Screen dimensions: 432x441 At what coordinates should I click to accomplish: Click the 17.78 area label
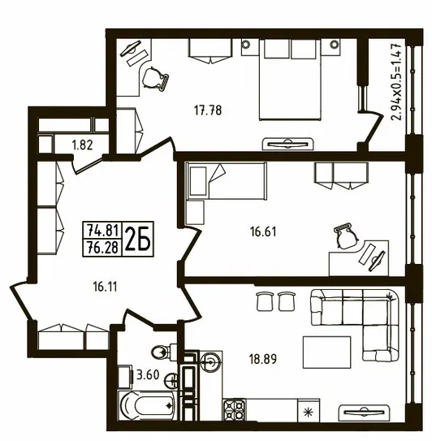coord(208,110)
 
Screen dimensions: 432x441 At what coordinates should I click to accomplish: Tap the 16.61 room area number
coord(263,231)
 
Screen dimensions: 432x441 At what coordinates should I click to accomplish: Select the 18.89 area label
coord(263,359)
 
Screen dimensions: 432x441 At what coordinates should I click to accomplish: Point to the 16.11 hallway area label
coord(105,287)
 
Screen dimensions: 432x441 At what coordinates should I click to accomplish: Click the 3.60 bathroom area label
coord(148,374)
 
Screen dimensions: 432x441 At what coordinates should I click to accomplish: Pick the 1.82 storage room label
coord(82,145)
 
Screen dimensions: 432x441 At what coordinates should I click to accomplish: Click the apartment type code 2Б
coord(138,239)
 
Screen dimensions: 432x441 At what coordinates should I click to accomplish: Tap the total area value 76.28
coord(102,248)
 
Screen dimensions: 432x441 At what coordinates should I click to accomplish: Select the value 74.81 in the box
coord(102,231)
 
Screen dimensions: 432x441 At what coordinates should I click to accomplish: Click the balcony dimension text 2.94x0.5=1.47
coord(395,82)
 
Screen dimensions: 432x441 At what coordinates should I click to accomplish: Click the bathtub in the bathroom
coord(146,405)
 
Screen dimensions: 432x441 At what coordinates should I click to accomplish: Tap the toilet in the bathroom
coord(164,351)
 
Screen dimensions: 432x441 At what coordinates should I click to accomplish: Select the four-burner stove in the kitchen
coord(235,410)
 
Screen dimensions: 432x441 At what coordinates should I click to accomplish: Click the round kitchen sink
coord(210,361)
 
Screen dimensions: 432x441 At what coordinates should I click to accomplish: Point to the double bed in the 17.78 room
coord(290,80)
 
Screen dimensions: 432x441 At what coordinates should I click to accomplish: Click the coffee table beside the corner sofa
coord(326,352)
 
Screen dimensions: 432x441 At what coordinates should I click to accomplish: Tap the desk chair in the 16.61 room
coord(345,237)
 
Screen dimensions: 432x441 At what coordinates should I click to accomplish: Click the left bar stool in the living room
coord(265,301)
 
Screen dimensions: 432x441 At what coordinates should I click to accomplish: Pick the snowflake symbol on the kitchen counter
coord(309,413)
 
